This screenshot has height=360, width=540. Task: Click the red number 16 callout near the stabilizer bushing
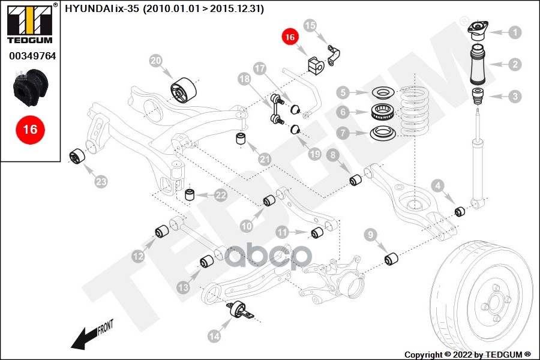(290, 37)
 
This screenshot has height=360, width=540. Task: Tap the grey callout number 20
(155, 61)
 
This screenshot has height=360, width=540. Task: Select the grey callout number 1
(515, 32)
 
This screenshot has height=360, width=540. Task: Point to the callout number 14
(214, 335)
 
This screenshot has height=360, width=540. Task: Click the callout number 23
(101, 182)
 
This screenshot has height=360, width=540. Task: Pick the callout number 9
(371, 235)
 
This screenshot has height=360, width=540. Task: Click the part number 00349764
(32, 56)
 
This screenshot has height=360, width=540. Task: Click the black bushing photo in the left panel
(30, 88)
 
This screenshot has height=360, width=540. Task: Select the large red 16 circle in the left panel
(30, 130)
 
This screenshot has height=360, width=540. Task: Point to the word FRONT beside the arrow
(106, 328)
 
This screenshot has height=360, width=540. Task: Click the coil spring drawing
(413, 111)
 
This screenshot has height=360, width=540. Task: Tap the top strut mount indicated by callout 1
(478, 31)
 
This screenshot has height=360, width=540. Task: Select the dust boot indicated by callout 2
(478, 64)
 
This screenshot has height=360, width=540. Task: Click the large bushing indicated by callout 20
(184, 90)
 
